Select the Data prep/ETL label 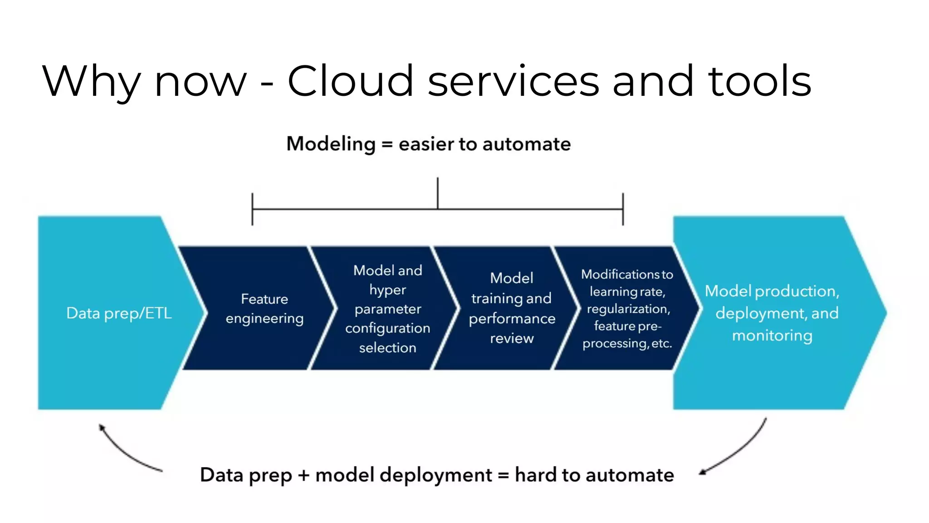click(x=119, y=313)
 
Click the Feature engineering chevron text click(x=264, y=309)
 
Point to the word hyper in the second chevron click(x=387, y=290)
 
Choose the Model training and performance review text click(x=512, y=308)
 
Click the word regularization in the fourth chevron click(x=628, y=309)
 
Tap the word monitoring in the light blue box click(x=772, y=336)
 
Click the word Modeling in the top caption click(x=331, y=144)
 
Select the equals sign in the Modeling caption click(x=386, y=145)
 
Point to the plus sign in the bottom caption click(x=303, y=476)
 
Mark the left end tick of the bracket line click(x=252, y=209)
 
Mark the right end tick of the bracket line click(x=623, y=209)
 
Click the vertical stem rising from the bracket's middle click(x=438, y=193)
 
